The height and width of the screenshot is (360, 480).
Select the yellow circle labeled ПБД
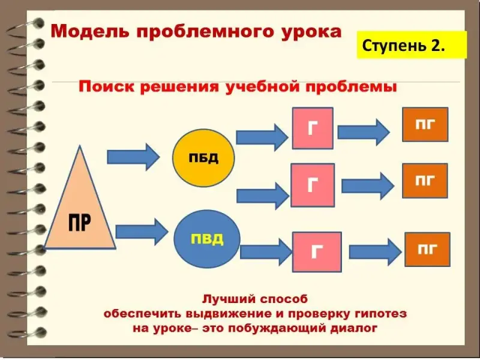[x=203, y=158]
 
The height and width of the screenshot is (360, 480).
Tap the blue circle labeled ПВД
[x=206, y=239]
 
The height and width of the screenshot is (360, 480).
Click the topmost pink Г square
[x=312, y=128]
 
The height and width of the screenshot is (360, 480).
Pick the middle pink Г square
[x=311, y=185]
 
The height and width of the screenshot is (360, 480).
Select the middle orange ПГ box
[x=425, y=180]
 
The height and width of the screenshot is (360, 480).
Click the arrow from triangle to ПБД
[x=133, y=157]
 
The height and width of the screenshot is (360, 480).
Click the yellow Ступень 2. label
[x=412, y=46]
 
